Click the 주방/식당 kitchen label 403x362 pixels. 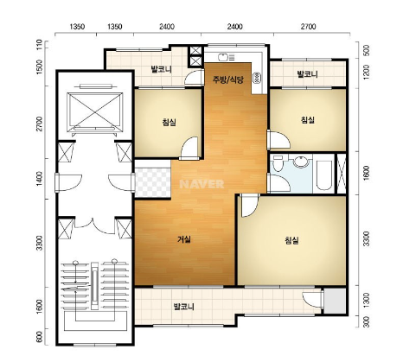[x=227, y=79]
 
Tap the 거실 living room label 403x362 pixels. [x=184, y=239]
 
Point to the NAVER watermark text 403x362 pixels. [x=201, y=184]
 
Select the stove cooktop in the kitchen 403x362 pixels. [x=256, y=78]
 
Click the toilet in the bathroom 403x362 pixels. [x=278, y=163]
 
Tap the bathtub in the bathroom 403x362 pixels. [x=323, y=175]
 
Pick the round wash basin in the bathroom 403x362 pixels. [x=301, y=162]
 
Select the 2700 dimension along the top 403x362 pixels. [x=309, y=27]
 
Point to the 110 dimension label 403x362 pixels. [x=40, y=44]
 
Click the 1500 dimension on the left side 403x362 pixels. [x=40, y=67]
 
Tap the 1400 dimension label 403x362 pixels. [x=40, y=179]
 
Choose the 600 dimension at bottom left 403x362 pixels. [x=40, y=337]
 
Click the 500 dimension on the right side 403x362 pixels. [x=367, y=50]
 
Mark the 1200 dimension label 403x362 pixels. [x=367, y=73]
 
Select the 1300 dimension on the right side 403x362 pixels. [x=367, y=301]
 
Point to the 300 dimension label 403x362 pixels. [x=367, y=321]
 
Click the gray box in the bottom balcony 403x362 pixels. [x=335, y=301]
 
